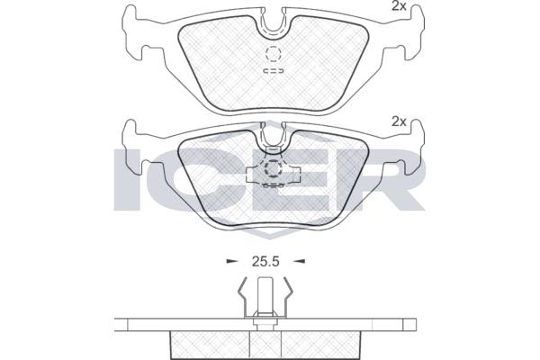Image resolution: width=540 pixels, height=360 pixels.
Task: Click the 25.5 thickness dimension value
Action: pyautogui.click(x=265, y=262)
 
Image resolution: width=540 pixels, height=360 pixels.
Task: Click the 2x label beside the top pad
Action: pyautogui.click(x=399, y=6)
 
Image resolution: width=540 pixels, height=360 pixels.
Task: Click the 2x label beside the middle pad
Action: pyautogui.click(x=399, y=121)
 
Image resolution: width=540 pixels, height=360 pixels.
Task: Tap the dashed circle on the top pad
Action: pyautogui.click(x=273, y=54)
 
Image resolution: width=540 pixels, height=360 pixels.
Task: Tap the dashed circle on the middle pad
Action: pyautogui.click(x=273, y=168)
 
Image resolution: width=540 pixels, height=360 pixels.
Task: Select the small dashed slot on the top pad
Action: pyautogui.click(x=274, y=70)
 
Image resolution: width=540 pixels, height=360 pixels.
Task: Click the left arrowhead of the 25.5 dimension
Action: pyautogui.click(x=232, y=262)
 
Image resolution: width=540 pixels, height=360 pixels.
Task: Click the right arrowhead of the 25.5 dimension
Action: pyautogui.click(x=300, y=262)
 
